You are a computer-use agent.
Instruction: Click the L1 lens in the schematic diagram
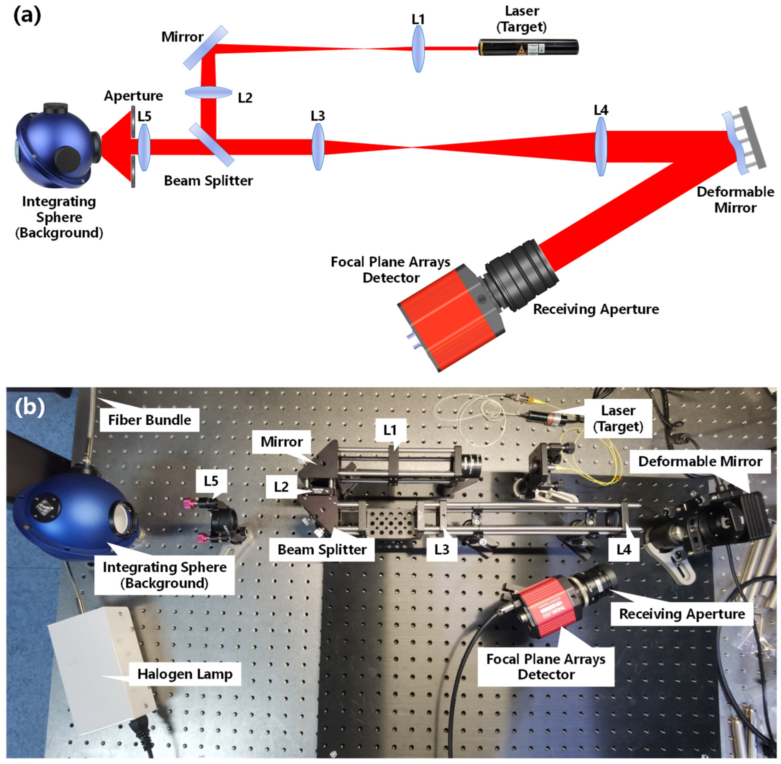pyautogui.click(x=418, y=49)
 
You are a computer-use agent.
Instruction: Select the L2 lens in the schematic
pyautogui.click(x=208, y=93)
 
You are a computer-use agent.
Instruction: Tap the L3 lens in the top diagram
pyautogui.click(x=318, y=147)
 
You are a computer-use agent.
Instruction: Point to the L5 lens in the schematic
pyautogui.click(x=144, y=147)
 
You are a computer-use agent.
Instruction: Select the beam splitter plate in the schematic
pyautogui.click(x=212, y=145)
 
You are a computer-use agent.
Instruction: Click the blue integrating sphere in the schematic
pyautogui.click(x=56, y=147)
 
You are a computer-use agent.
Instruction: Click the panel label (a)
pyautogui.click(x=27, y=16)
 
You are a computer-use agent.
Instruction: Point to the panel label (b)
pyautogui.click(x=29, y=407)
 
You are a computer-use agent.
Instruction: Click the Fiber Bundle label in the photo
pyautogui.click(x=149, y=420)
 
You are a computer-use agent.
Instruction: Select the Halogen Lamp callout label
pyautogui.click(x=185, y=674)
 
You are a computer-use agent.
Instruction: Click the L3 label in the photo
pyautogui.click(x=441, y=549)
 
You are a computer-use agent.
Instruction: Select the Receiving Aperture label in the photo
pyautogui.click(x=682, y=614)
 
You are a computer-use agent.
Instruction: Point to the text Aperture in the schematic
pyautogui.click(x=133, y=96)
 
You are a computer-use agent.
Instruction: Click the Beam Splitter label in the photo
pyautogui.click(x=322, y=549)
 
